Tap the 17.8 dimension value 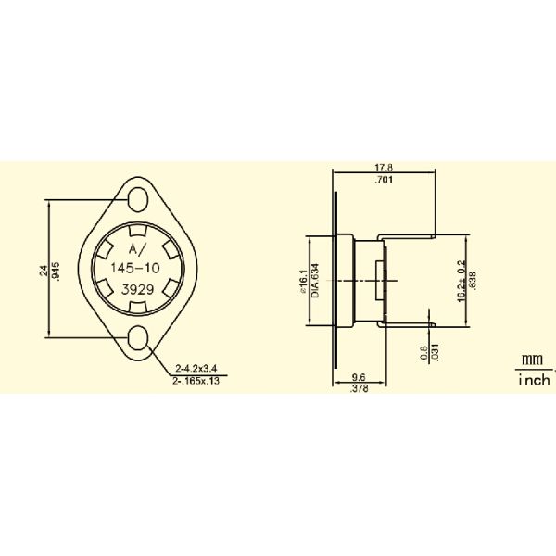tap(382, 169)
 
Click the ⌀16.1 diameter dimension tap(302, 279)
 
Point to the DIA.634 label tap(314, 279)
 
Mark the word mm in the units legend tap(531, 360)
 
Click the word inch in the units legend tap(533, 380)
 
